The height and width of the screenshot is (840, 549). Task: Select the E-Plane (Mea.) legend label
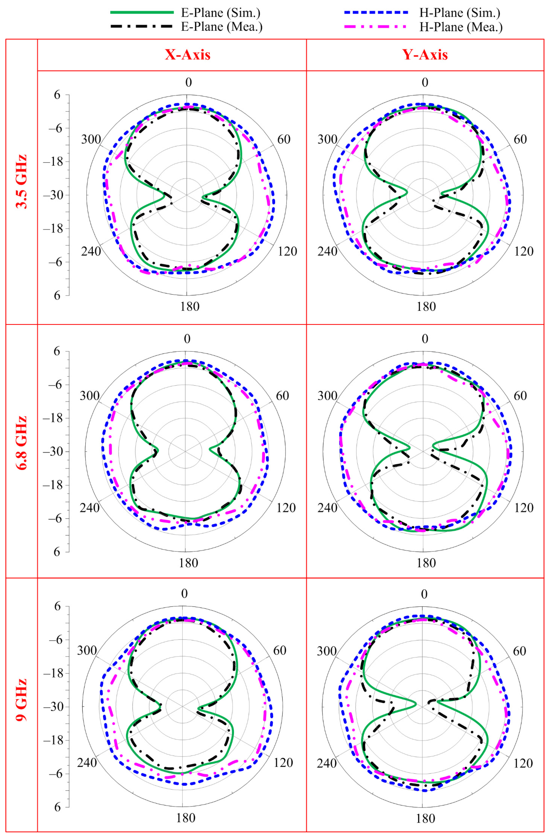pos(222,27)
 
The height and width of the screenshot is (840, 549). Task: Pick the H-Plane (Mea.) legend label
pos(461,27)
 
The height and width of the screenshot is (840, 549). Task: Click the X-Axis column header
pos(188,55)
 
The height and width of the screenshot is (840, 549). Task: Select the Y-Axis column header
pos(425,55)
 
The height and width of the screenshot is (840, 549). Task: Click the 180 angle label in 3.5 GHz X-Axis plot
pos(190,306)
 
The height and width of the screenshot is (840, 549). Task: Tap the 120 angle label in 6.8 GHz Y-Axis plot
pos(524,507)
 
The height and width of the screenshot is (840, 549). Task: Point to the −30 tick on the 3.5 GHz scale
pos(53,195)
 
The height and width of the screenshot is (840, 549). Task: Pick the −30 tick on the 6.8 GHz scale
pos(53,451)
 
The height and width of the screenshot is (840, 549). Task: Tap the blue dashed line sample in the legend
pos(376,12)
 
